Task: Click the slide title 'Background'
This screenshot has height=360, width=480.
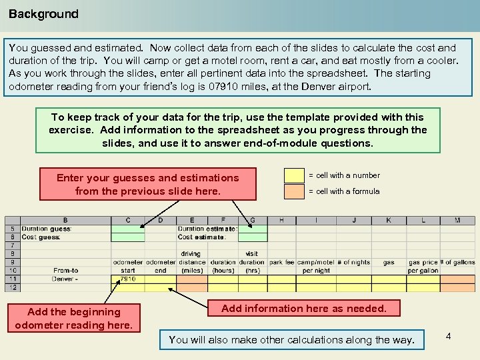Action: [x=43, y=14]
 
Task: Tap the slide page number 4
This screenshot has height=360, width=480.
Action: [x=448, y=336]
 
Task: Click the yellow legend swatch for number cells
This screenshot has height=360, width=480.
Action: [x=294, y=175]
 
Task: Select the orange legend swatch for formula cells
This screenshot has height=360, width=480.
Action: [x=294, y=191]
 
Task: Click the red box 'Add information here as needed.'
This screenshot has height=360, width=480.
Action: [x=303, y=308]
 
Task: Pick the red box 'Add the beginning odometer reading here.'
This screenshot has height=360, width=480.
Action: [x=74, y=319]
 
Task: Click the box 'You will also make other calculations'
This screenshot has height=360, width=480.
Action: [x=291, y=340]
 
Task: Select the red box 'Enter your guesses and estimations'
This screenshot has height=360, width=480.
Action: [x=147, y=185]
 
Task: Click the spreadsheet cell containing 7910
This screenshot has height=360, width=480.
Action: [x=128, y=279]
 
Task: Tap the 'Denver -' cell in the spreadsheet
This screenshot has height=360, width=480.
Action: [x=66, y=279]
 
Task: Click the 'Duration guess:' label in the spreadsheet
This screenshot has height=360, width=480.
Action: [x=47, y=229]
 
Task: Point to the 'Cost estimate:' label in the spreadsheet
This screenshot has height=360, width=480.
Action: [x=202, y=237]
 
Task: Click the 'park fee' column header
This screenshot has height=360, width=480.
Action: [x=281, y=263]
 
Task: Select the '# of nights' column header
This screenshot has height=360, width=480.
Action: [x=353, y=263]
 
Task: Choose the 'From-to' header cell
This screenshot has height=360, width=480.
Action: [x=66, y=271]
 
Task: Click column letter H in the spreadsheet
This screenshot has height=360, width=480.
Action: [x=281, y=220]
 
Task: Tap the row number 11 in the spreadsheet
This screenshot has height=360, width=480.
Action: [x=12, y=279]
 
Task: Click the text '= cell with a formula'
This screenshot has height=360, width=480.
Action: [x=343, y=191]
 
